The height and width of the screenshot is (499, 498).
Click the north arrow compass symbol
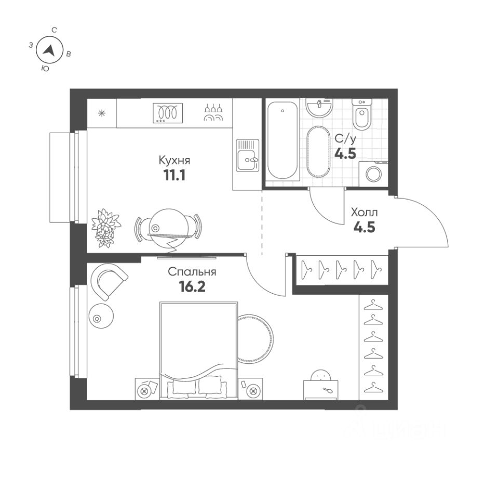pos(49,50)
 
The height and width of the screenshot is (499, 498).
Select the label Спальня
pos(192,272)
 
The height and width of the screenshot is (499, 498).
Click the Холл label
pos(365,212)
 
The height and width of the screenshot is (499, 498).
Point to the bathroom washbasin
pos(318,108)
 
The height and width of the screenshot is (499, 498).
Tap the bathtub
pos(282,140)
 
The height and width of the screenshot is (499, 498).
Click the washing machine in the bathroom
pos(374,173)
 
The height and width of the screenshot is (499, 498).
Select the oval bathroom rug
pos(318,151)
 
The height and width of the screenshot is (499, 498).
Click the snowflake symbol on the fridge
pos(102,113)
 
